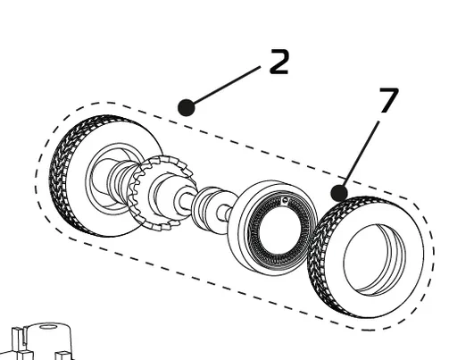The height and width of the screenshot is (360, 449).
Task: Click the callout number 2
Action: (279, 62)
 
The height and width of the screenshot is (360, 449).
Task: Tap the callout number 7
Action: (388, 100)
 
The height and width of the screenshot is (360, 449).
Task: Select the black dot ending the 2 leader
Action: (186, 107)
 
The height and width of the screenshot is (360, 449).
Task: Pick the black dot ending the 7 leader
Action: (338, 192)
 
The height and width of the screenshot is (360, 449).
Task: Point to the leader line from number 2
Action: (228, 86)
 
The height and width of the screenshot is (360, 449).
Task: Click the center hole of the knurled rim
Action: (279, 222)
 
